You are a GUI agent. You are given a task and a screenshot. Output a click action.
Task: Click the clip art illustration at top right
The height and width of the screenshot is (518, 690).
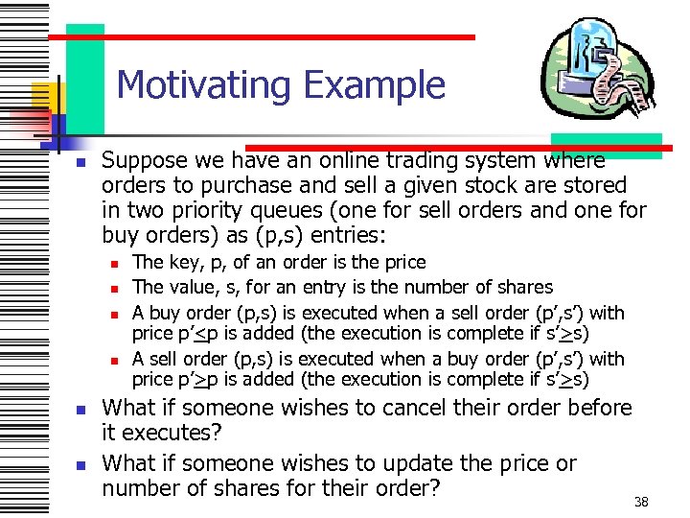tap(597, 77)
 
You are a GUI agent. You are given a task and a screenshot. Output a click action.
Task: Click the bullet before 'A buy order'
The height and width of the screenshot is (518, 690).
tap(113, 314)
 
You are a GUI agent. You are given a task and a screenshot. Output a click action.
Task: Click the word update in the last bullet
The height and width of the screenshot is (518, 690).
tap(412, 464)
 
